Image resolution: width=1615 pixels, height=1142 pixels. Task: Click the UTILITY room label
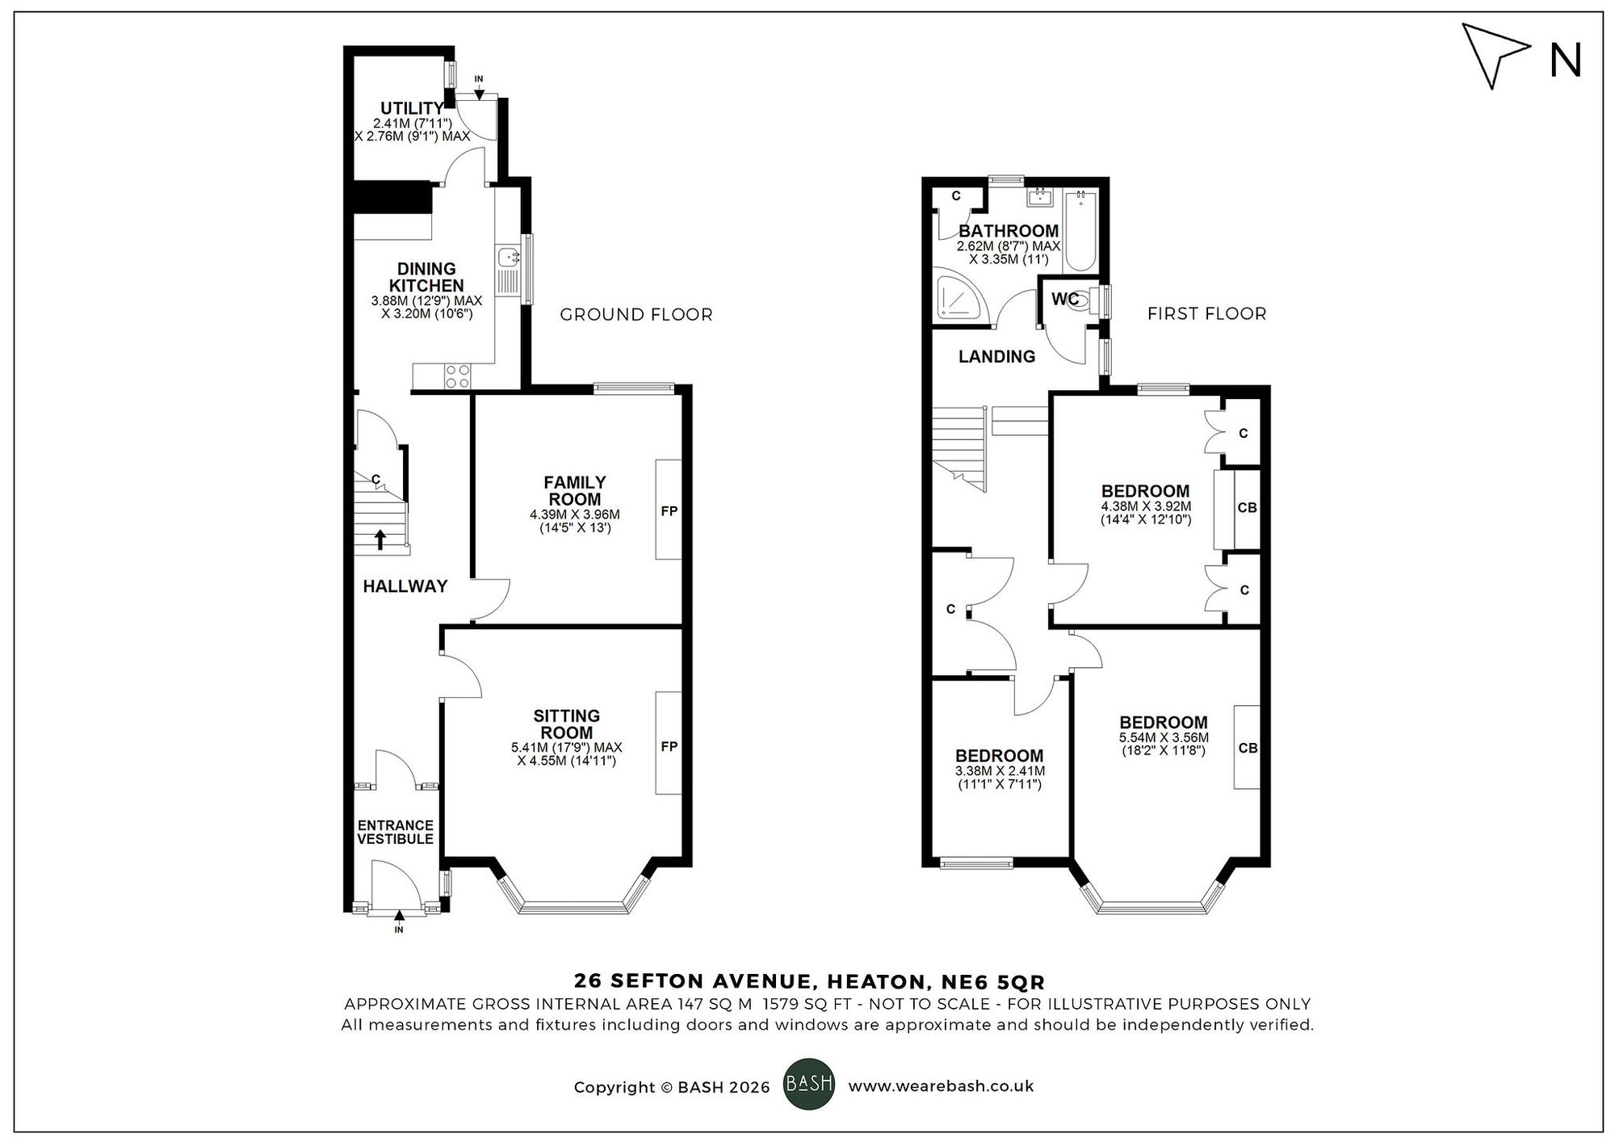pyautogui.click(x=412, y=108)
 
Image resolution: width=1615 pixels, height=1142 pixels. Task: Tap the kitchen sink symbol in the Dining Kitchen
pyautogui.click(x=509, y=258)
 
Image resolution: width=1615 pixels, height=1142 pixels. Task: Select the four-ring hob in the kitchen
pyautogui.click(x=458, y=376)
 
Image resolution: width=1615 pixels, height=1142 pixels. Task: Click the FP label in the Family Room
pyautogui.click(x=669, y=510)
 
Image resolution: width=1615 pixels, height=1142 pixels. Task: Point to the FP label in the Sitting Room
pyautogui.click(x=669, y=746)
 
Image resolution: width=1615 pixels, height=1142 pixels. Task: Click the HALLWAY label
pyautogui.click(x=405, y=586)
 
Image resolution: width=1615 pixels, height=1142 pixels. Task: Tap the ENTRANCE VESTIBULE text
pyautogui.click(x=395, y=832)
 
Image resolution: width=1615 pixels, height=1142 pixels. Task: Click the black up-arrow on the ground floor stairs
pyautogui.click(x=381, y=539)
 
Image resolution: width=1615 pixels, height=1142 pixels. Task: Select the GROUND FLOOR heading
pyautogui.click(x=636, y=314)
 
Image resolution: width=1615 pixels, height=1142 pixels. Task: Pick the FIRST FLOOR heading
pyautogui.click(x=1206, y=313)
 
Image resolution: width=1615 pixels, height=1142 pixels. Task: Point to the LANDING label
pyautogui.click(x=996, y=356)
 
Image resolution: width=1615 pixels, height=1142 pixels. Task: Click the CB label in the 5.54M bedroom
pyautogui.click(x=1248, y=748)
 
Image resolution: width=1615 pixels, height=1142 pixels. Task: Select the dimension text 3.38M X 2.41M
pyautogui.click(x=1000, y=770)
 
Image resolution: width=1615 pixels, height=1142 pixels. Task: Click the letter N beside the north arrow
pyautogui.click(x=1565, y=61)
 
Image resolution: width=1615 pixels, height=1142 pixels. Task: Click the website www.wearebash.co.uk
pyautogui.click(x=941, y=1086)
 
